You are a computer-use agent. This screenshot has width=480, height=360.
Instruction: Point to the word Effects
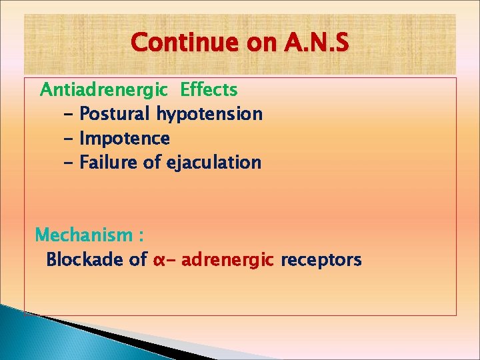[x=209, y=89]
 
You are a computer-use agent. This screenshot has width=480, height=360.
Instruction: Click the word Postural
[x=115, y=114]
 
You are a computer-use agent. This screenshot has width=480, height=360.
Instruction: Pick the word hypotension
[x=209, y=114]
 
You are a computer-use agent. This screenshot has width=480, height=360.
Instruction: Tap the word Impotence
[x=124, y=139]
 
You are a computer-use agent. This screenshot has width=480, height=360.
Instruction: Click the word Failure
[x=109, y=163]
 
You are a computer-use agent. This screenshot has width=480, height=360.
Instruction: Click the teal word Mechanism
[x=84, y=235]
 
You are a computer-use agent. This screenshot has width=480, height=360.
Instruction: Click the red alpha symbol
[x=159, y=260]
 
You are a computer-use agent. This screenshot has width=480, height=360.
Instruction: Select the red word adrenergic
[x=227, y=260]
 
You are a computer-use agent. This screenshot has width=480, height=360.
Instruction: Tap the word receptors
[x=321, y=260]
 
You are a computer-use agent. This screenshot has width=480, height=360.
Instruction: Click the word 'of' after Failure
[x=152, y=163]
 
